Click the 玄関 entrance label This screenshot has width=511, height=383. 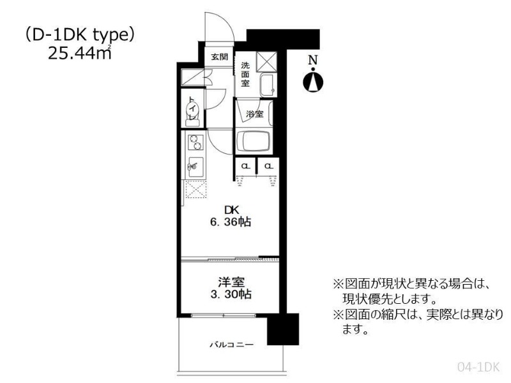[x=219, y=57]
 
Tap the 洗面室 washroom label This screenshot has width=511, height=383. [x=245, y=75]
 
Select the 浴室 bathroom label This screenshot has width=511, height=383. [x=254, y=114]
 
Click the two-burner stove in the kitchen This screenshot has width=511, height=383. [x=195, y=142]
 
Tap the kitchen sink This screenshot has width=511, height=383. [x=195, y=167]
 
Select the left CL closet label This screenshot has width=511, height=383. [x=246, y=166]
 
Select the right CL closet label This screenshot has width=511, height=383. [x=268, y=166]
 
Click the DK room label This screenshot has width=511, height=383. [x=231, y=210]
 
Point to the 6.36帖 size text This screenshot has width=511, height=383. [x=231, y=222]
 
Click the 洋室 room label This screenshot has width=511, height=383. [x=231, y=282]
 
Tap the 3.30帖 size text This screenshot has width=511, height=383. [x=231, y=294]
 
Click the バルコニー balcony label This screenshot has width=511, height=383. [x=231, y=344]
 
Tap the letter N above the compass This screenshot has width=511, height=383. [x=313, y=60]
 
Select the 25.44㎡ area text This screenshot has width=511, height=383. [x=80, y=52]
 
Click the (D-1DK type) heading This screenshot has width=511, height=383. [x=80, y=35]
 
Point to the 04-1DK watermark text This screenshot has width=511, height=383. [x=478, y=367]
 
